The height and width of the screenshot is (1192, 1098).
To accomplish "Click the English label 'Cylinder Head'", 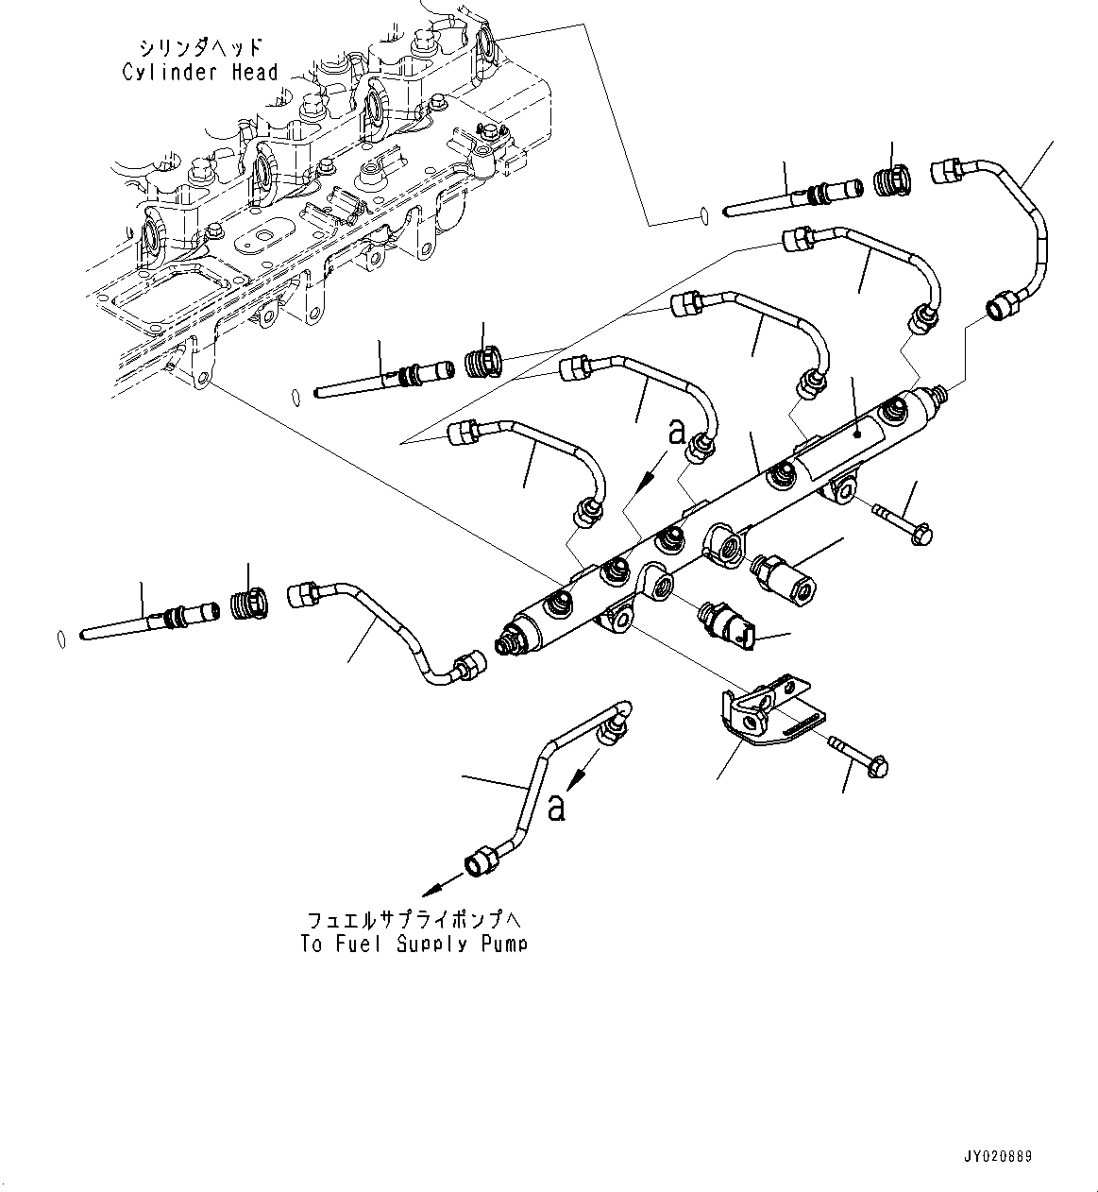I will (199, 72).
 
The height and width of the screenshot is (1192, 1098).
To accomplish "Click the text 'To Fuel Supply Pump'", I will (414, 943).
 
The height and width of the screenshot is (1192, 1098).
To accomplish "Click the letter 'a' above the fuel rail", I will (676, 433).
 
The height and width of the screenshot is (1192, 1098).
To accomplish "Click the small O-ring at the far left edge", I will (59, 639).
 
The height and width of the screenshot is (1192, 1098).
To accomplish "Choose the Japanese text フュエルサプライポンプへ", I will (414, 919).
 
